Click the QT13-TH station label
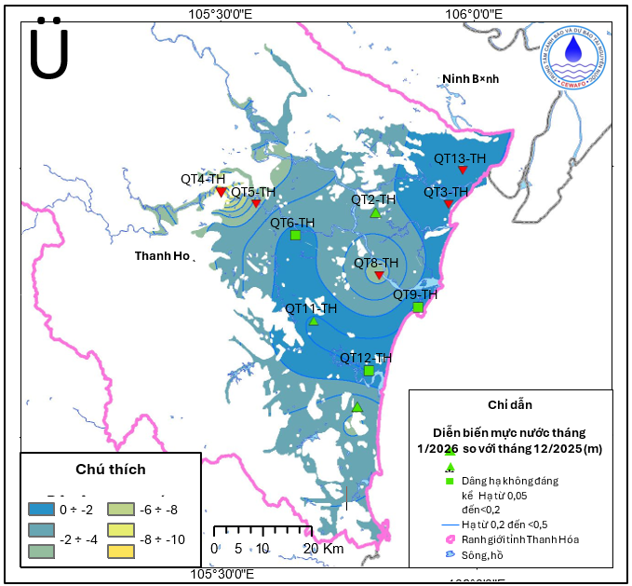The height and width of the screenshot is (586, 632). (460, 158)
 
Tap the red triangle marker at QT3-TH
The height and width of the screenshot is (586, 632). (448, 204)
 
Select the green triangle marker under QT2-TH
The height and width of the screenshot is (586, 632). (375, 212)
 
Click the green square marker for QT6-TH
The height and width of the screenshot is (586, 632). (295, 235)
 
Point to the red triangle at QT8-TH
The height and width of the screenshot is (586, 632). (379, 275)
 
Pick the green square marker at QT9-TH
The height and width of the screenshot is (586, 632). (418, 307)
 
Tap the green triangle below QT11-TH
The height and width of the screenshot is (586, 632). (314, 321)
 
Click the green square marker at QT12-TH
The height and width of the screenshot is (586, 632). (369, 371)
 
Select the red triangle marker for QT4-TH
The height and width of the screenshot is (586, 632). (221, 192)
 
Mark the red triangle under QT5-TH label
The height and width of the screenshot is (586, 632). (256, 203)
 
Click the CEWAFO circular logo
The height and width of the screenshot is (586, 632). (577, 57)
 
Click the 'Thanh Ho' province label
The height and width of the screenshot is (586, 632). (161, 255)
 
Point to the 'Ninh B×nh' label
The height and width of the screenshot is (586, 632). (470, 78)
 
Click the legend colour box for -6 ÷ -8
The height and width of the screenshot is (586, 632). (123, 509)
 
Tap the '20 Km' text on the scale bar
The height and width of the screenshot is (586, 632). (325, 549)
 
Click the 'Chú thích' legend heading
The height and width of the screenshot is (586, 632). (110, 470)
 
